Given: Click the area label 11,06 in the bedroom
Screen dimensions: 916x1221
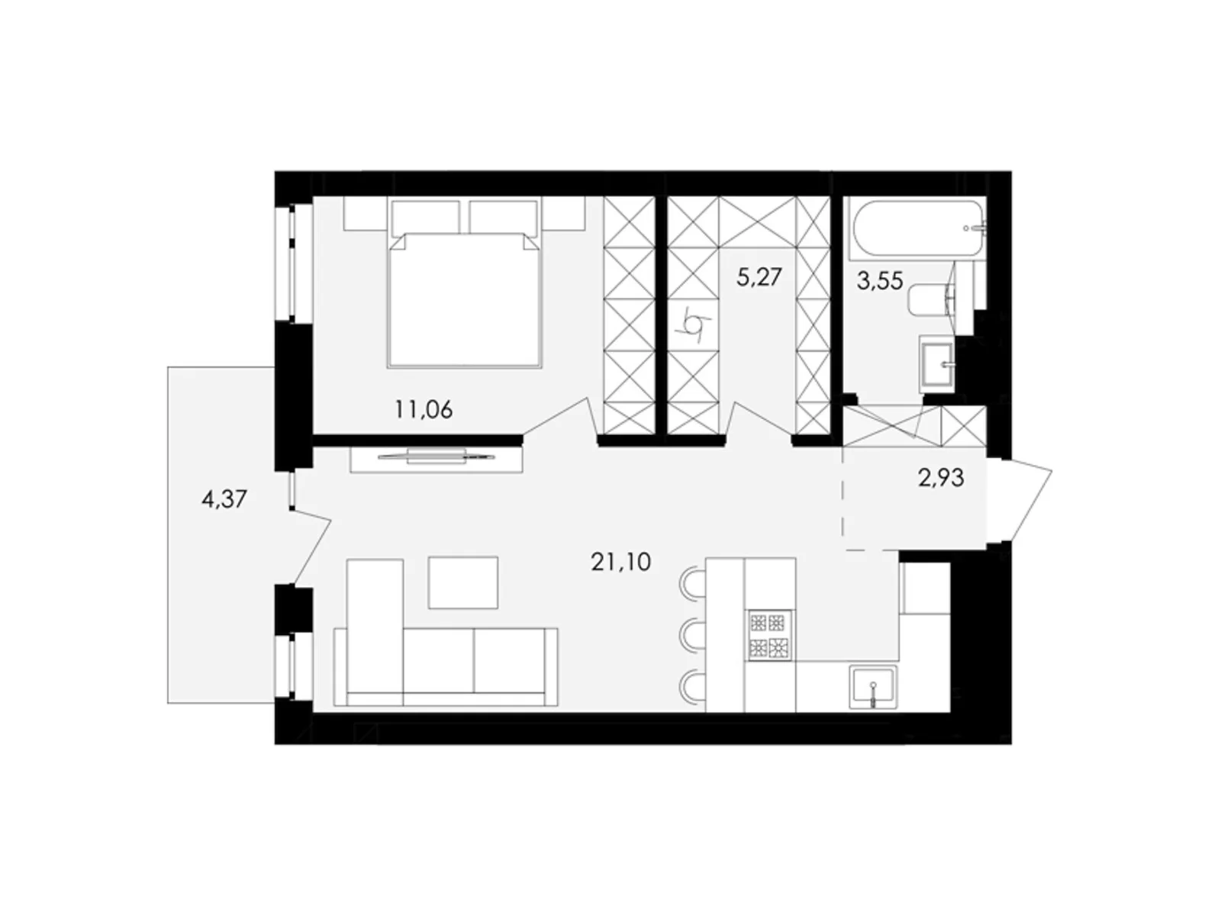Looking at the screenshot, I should click(424, 410).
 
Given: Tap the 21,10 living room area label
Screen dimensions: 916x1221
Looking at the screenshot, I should click(620, 563).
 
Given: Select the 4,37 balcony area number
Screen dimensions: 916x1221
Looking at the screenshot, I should click(224, 500).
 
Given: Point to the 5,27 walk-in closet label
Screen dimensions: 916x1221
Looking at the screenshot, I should click(759, 276).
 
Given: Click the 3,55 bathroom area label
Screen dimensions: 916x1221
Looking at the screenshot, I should click(880, 281).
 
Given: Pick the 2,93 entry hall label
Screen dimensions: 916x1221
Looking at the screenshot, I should click(942, 479).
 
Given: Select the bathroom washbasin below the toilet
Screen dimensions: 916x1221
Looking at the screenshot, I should click(936, 364).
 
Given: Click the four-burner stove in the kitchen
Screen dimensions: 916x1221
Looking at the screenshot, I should click(768, 634).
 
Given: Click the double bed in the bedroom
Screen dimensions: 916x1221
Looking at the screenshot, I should click(464, 298).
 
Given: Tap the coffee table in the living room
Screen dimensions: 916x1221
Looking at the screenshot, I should click(462, 582).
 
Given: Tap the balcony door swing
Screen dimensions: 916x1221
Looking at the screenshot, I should click(311, 543).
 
